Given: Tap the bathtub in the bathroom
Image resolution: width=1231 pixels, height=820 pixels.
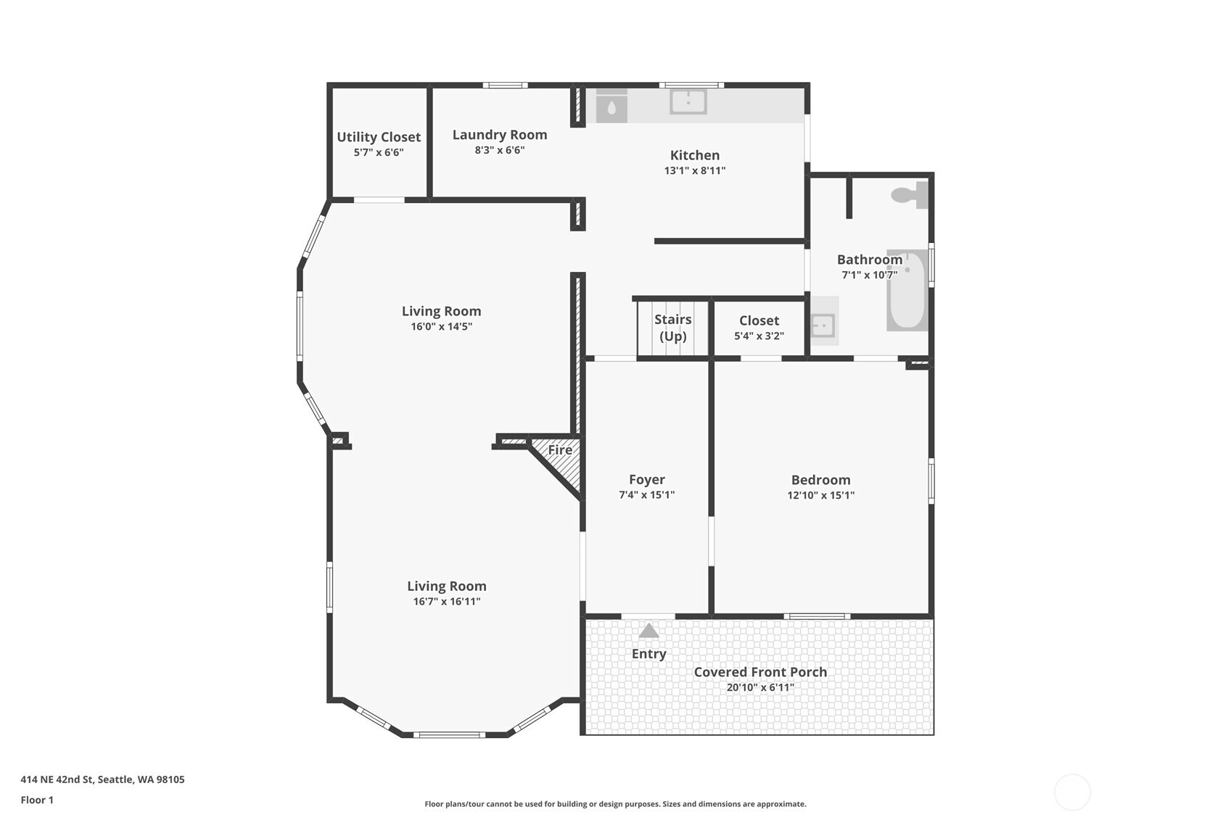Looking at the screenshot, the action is [x=907, y=291].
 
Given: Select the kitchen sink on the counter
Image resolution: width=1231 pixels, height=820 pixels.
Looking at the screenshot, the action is [x=688, y=102].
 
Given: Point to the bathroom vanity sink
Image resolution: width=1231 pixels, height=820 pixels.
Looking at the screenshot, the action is [x=823, y=326].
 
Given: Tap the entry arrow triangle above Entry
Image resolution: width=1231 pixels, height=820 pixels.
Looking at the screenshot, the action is [x=649, y=631].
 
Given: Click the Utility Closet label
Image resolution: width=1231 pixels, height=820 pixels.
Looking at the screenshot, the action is [x=379, y=137].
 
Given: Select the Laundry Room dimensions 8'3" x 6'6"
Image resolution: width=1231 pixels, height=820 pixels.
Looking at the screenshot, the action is [x=500, y=150].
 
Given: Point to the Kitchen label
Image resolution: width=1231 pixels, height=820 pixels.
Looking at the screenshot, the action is [x=695, y=155].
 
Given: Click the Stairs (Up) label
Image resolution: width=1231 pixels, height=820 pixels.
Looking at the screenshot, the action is [x=672, y=327].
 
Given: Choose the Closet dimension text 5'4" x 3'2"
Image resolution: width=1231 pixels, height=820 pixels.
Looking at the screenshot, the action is [x=759, y=336].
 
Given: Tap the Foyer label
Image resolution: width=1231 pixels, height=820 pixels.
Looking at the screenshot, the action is [x=647, y=479].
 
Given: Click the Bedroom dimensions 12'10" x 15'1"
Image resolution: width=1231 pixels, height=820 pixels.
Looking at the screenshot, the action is [x=820, y=495].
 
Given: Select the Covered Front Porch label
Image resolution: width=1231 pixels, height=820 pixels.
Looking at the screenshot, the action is [x=760, y=671].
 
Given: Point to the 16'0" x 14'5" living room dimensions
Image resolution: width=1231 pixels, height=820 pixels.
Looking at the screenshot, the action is [x=441, y=326].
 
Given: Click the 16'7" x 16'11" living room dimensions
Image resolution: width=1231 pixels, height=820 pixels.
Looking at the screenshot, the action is [x=447, y=602].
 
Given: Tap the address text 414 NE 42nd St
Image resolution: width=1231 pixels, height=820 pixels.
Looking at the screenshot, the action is [x=58, y=779].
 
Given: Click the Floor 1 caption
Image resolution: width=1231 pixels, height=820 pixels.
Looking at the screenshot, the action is [x=38, y=800].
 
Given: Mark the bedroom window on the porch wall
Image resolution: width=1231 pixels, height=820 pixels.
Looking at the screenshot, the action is [x=817, y=616].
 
